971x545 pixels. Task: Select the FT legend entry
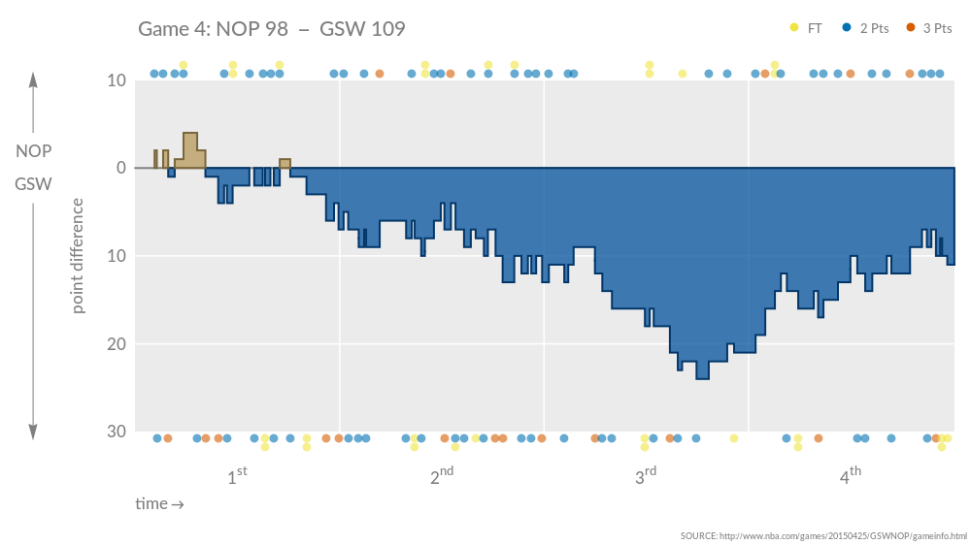point(806,28)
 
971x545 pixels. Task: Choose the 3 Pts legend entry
point(929,28)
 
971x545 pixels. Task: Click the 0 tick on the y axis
point(120,168)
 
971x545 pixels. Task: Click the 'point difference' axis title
point(79,256)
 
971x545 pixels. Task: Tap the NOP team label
point(33,151)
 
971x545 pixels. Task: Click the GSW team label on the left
point(33,183)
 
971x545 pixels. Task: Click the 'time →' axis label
point(159,504)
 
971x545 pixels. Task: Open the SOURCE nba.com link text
point(823,535)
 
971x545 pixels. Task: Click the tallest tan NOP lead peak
point(190,136)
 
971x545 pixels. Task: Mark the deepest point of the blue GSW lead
point(702,376)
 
